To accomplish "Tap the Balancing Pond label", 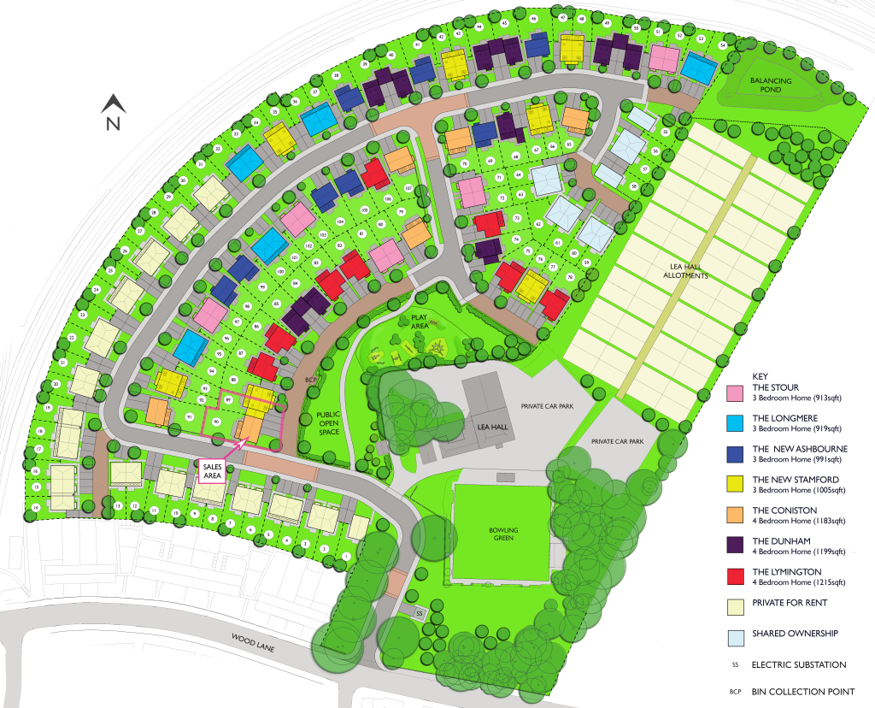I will point(771,85).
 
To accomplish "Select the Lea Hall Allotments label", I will point(686,271).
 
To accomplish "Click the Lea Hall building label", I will point(485,427).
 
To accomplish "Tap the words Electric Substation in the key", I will point(799,664).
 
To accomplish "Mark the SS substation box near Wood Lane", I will point(419,613).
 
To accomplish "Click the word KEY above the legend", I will point(760,376).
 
